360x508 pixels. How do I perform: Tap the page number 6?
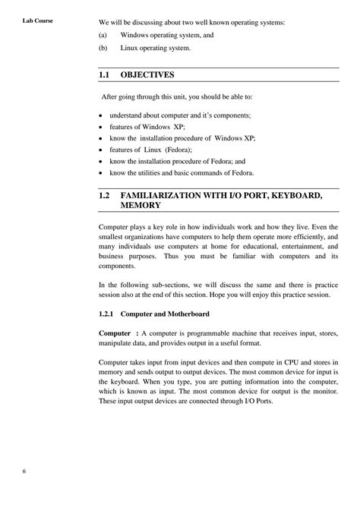pyautogui.click(x=24, y=471)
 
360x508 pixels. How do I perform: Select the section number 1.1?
pyautogui.click(x=106, y=75)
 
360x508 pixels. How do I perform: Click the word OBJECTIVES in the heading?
pyautogui.click(x=148, y=75)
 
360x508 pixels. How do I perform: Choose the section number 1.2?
pyautogui.click(x=106, y=195)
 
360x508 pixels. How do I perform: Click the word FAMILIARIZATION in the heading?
pyautogui.click(x=166, y=195)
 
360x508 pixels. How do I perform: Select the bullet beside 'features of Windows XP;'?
pyautogui.click(x=101, y=126)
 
